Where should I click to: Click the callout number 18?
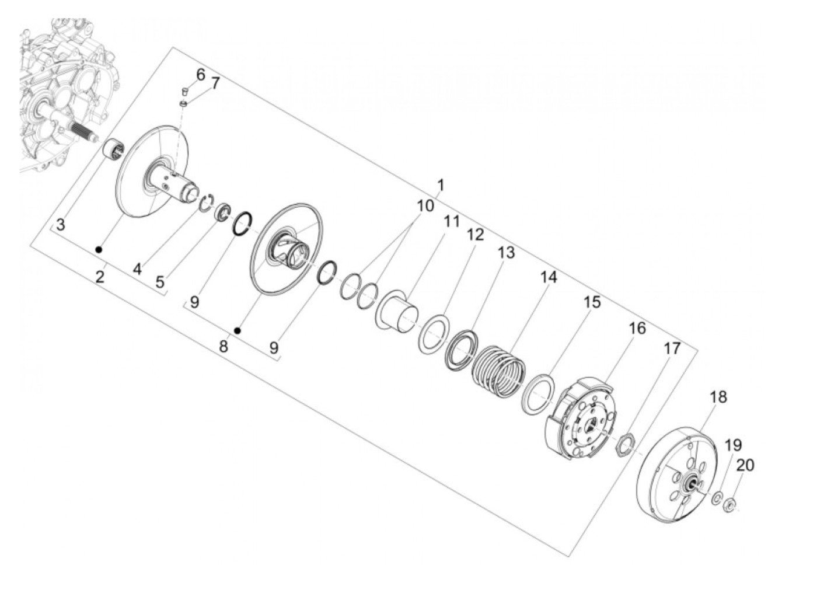coord(718,397)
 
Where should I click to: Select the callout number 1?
coord(441,184)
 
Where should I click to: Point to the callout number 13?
coord(506,253)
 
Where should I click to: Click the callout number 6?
coord(200,75)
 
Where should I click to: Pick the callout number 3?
coord(61,225)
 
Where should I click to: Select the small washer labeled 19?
coord(715,498)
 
